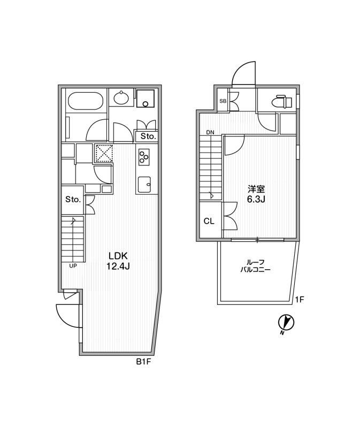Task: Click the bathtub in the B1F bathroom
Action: (x=85, y=101)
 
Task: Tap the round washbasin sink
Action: (x=121, y=98)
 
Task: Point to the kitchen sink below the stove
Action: (x=144, y=185)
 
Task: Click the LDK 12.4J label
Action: (x=118, y=261)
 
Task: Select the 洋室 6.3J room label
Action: (x=256, y=194)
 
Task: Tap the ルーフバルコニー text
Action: (x=256, y=266)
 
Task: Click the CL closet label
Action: (x=209, y=221)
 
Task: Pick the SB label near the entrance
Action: (x=223, y=101)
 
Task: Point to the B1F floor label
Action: (x=143, y=362)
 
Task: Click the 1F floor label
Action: (x=300, y=300)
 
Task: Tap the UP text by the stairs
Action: (x=73, y=265)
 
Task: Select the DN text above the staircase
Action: (x=210, y=133)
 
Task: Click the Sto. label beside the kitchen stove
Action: (x=148, y=136)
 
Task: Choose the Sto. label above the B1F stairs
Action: (x=73, y=200)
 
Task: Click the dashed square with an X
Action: (x=104, y=153)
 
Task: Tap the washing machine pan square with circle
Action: (x=145, y=98)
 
